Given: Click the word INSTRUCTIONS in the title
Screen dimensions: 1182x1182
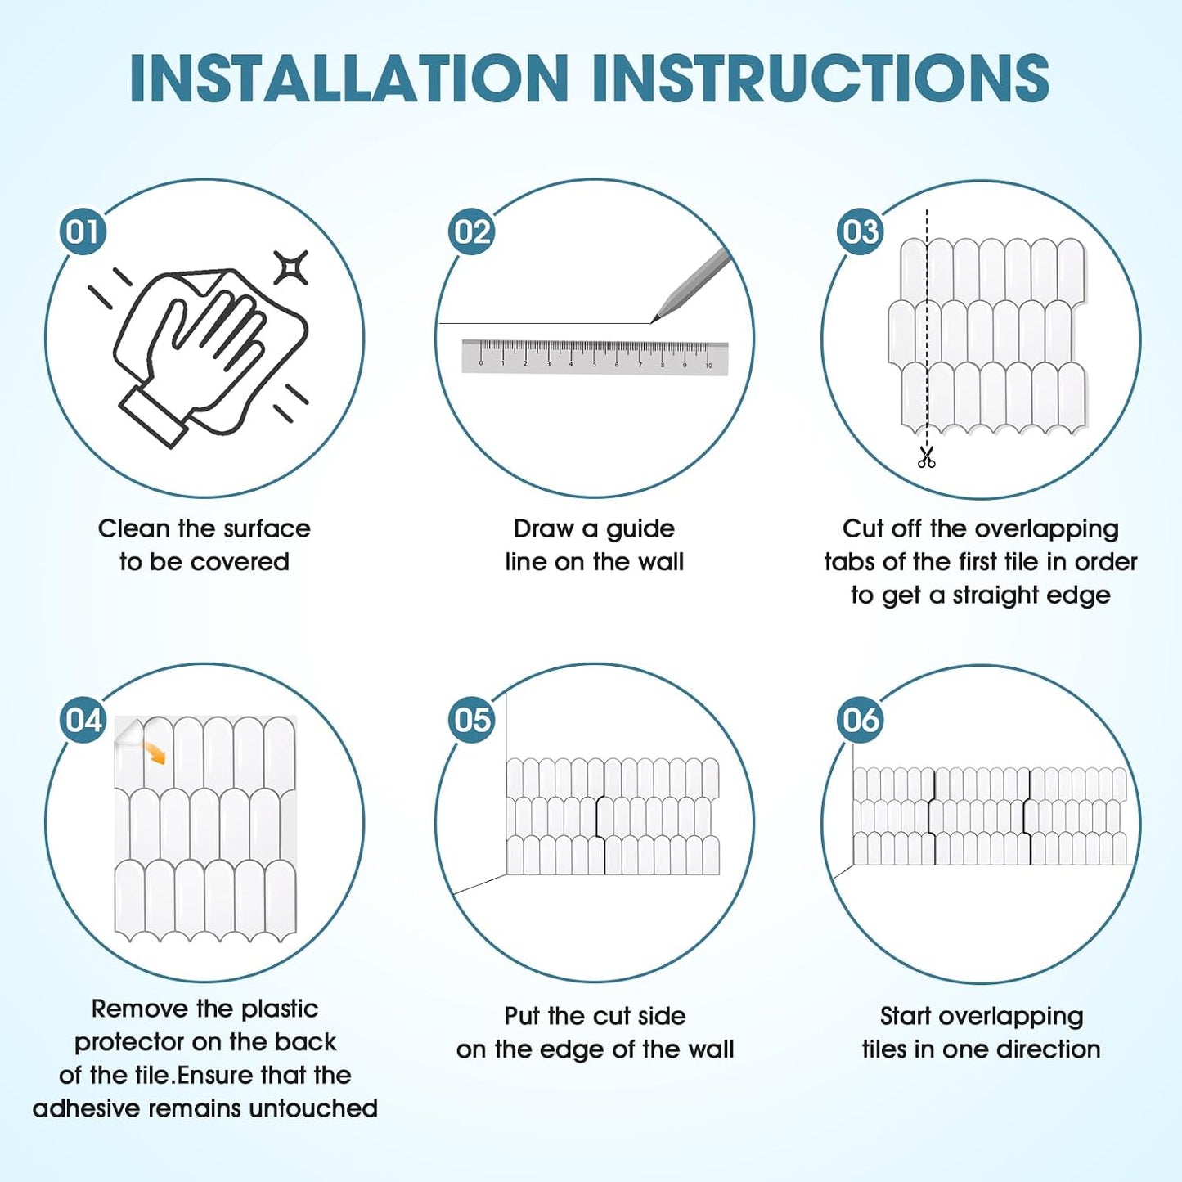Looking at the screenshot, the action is [x=822, y=79].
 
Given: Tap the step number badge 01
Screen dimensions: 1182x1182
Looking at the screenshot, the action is [x=82, y=231].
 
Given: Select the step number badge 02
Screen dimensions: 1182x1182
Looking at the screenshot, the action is [x=472, y=231].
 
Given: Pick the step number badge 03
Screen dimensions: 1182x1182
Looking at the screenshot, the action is [x=861, y=231].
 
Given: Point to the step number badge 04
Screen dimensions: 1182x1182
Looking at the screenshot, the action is [x=82, y=720].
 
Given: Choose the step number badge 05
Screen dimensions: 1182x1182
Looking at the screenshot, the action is [x=472, y=720].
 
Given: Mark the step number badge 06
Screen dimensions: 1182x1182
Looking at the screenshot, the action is [x=861, y=720].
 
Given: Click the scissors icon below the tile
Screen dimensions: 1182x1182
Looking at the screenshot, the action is [x=926, y=457].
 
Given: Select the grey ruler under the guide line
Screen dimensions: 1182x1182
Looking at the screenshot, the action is [x=595, y=356].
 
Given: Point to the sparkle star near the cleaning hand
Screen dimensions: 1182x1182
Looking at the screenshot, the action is [x=290, y=268].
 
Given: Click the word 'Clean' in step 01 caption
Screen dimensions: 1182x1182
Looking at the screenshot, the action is [x=134, y=528].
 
